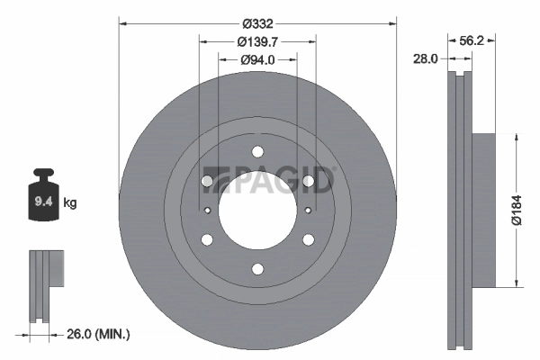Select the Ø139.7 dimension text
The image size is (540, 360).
[258, 41]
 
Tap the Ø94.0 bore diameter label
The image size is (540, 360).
[258, 59]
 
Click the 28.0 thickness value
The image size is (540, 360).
[426, 58]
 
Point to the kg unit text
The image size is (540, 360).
[70, 203]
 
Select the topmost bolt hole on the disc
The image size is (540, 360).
[258, 151]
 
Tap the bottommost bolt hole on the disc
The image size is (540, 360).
[258, 268]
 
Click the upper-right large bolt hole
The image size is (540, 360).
[309, 181]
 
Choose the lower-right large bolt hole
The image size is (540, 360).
[309, 239]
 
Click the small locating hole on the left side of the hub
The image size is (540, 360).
[209, 211]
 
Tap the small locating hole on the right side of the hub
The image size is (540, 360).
[309, 211]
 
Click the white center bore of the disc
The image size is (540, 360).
[258, 211]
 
